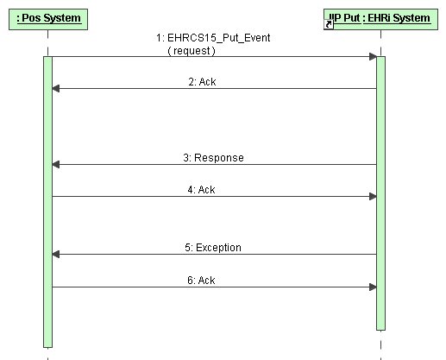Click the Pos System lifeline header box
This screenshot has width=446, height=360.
pyautogui.click(x=48, y=19)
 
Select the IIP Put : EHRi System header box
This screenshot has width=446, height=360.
pyautogui.click(x=380, y=19)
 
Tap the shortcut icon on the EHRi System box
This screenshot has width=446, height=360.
pyautogui.click(x=329, y=24)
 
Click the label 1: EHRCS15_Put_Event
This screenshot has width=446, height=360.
pyautogui.click(x=213, y=38)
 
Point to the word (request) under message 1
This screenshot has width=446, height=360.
pyautogui.click(x=192, y=51)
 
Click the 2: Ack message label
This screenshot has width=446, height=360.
pyautogui.click(x=202, y=82)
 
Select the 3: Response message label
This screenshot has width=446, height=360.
pyautogui.click(x=213, y=158)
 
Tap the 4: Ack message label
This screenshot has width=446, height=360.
pyautogui.click(x=201, y=190)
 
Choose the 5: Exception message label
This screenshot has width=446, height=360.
pyautogui.click(x=213, y=248)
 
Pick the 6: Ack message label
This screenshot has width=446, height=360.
pyautogui.click(x=201, y=281)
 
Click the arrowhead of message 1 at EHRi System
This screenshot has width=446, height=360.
pyautogui.click(x=373, y=57)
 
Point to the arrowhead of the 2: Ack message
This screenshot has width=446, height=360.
pyautogui.click(x=56, y=89)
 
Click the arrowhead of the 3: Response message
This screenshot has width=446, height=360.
pyautogui.click(x=56, y=165)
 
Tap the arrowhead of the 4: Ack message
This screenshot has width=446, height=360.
pyautogui.click(x=373, y=197)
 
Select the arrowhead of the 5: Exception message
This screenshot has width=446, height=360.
pyautogui.click(x=56, y=255)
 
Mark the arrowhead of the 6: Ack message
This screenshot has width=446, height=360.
pyautogui.click(x=373, y=287)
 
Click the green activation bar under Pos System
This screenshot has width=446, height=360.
pyautogui.click(x=47, y=202)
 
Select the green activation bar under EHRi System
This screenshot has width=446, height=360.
pyautogui.click(x=380, y=193)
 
